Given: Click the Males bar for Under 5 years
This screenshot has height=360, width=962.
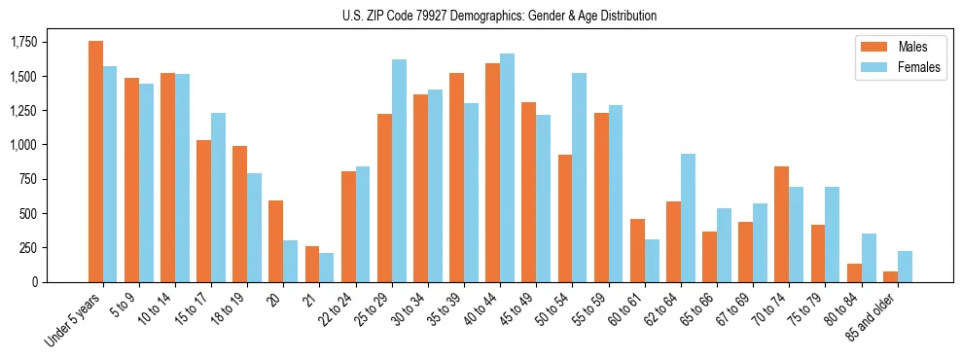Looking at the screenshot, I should point(95,162).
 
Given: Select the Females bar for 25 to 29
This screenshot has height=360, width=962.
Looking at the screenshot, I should point(399,170).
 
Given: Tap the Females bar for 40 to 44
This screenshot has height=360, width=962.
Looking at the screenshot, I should point(508,167).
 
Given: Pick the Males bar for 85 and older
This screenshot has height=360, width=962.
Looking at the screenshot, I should point(890,276).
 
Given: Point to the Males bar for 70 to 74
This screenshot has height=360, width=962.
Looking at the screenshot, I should point(781,224).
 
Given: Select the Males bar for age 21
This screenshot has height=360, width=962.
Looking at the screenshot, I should point(312,264).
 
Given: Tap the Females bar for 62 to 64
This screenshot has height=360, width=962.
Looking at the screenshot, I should point(688,218).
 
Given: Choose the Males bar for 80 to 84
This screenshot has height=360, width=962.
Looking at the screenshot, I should point(854,272).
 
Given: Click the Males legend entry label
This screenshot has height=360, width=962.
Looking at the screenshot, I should point(912,47).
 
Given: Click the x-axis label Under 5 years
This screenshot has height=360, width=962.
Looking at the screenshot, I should point(74,318).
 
